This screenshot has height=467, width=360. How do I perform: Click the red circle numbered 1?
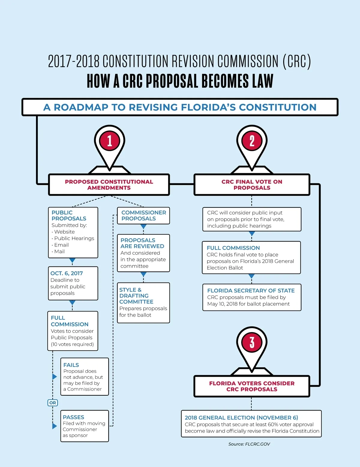click(109, 141)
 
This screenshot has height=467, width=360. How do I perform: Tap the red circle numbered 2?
click(252, 141)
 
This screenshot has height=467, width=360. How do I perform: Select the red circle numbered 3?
click(252, 342)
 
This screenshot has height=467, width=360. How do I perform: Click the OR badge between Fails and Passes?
click(52, 403)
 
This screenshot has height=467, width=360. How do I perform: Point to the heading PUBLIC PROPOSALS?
click(69, 216)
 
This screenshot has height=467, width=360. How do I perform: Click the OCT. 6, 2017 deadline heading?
click(67, 273)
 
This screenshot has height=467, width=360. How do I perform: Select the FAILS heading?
click(71, 365)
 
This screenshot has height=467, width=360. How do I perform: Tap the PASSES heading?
click(73, 417)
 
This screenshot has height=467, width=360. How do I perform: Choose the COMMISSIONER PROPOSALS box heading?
click(143, 216)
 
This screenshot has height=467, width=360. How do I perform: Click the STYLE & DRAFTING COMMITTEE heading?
click(136, 296)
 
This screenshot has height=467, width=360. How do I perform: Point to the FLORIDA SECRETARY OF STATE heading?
click(251, 290)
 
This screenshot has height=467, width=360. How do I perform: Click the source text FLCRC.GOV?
click(257, 444)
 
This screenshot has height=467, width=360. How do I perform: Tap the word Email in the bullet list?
click(61, 245)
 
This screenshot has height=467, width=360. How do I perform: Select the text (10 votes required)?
click(72, 344)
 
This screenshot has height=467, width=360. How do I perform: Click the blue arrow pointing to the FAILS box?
click(54, 376)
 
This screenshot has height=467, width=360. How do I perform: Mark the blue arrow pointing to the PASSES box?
click(54, 426)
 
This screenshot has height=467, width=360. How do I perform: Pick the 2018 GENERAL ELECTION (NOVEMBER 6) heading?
click(241, 418)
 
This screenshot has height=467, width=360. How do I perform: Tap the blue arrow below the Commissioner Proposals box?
click(143, 227)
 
